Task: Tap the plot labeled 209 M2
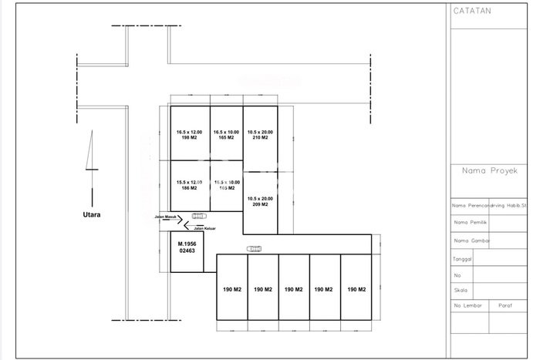click(260, 202)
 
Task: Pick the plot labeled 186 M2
click(188, 185)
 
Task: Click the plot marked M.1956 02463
click(187, 247)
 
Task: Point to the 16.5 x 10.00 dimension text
click(228, 132)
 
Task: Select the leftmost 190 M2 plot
click(231, 290)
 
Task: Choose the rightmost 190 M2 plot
click(356, 290)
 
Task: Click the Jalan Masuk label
click(167, 217)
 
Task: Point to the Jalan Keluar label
click(204, 228)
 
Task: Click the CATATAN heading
click(472, 12)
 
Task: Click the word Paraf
click(507, 306)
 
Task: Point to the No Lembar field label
click(469, 306)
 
